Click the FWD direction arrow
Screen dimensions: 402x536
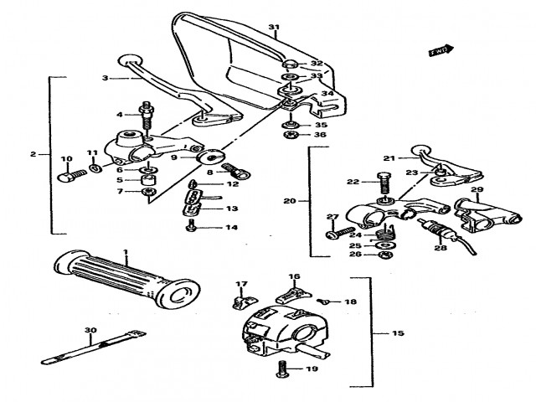(x=442, y=50)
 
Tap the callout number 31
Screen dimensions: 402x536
(x=273, y=28)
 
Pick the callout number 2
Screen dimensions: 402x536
(x=33, y=154)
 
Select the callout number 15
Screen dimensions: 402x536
(x=398, y=333)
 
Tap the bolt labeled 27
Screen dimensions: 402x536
(x=335, y=231)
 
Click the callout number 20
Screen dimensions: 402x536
(x=291, y=201)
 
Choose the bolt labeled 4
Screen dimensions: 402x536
(x=147, y=112)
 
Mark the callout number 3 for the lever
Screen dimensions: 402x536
(x=106, y=78)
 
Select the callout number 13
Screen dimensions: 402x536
(x=231, y=209)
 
